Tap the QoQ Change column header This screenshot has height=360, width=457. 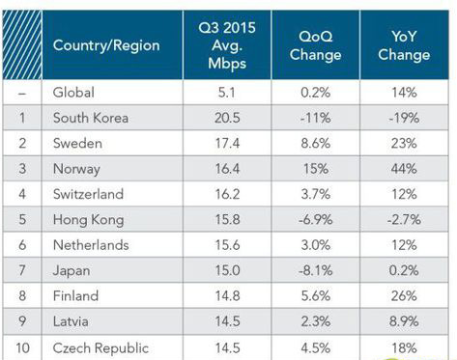pos(315,45)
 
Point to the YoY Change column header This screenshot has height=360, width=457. pos(405,45)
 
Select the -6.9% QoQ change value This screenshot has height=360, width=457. pos(315,220)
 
